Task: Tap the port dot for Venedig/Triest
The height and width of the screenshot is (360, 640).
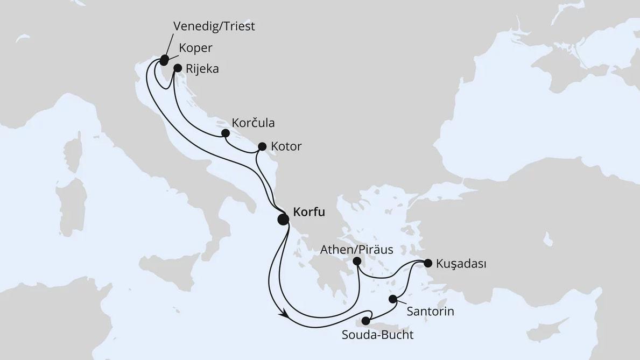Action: (x=164, y=59)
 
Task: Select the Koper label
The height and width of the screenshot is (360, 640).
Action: (x=195, y=47)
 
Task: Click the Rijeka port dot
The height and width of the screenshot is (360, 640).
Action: (x=177, y=68)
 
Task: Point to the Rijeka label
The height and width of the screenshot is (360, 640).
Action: (x=202, y=69)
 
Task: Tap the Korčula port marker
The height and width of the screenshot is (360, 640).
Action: (x=226, y=133)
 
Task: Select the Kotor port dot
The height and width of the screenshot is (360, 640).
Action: (x=262, y=146)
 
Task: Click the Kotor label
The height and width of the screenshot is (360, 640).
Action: (x=287, y=146)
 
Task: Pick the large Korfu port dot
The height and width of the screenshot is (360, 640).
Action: (x=283, y=219)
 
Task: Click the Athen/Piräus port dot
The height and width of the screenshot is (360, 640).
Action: (x=356, y=261)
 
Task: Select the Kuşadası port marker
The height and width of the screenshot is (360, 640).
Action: (x=428, y=263)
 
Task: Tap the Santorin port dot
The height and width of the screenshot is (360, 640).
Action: (x=393, y=299)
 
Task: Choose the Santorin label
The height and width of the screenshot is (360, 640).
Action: (x=431, y=311)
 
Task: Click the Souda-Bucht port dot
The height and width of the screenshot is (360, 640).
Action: (x=366, y=321)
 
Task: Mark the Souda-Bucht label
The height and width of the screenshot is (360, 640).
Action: (x=378, y=335)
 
